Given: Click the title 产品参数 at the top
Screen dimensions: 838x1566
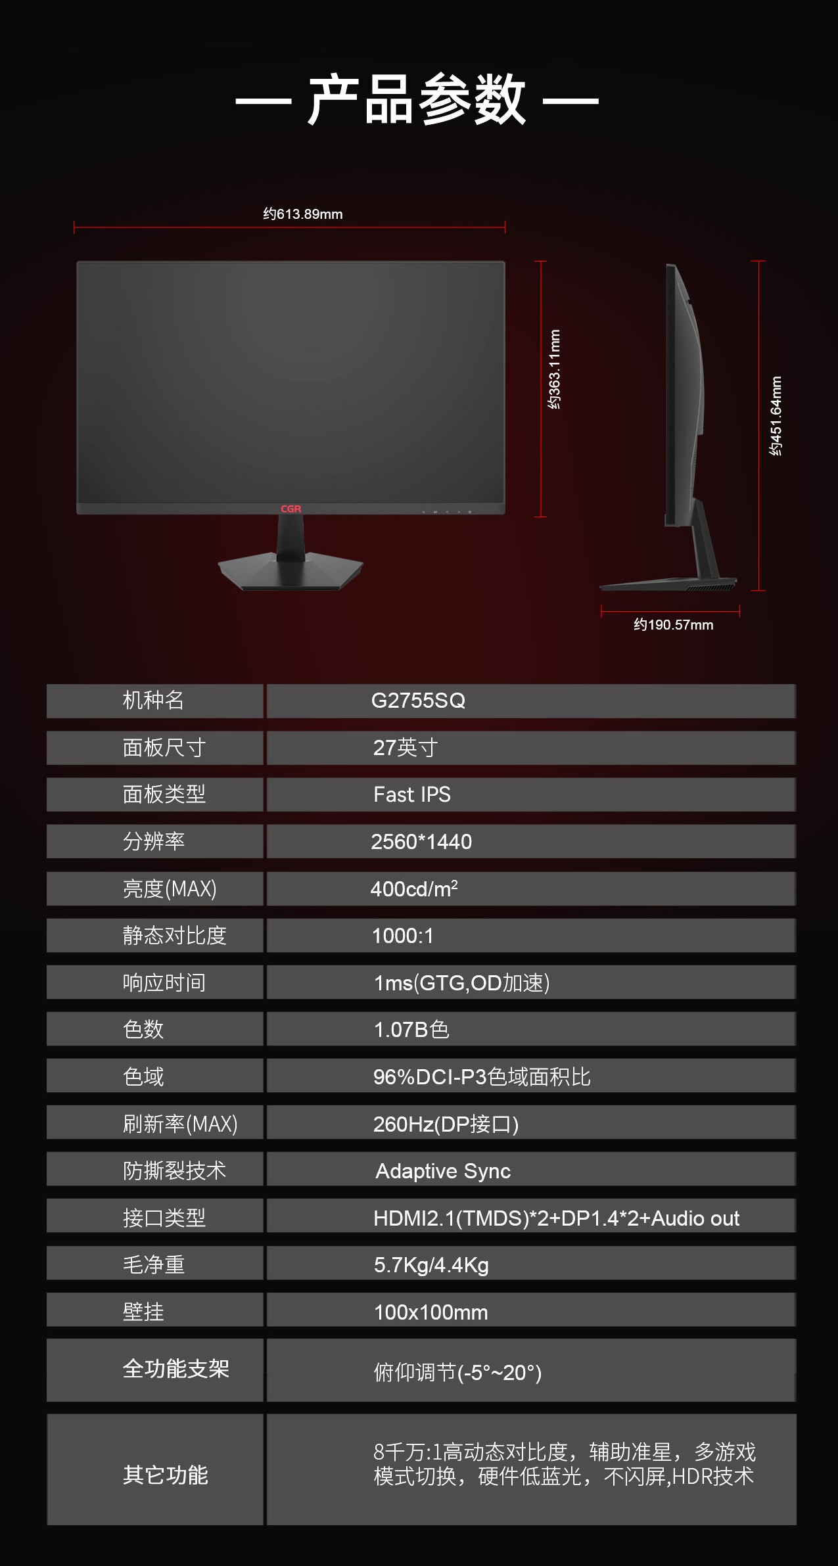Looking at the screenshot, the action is point(417,100).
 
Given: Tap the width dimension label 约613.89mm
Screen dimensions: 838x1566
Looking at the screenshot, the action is point(303,214).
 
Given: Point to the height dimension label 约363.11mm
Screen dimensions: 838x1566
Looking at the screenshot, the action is point(555,369).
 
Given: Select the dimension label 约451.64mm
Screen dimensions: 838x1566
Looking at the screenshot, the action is point(776,416).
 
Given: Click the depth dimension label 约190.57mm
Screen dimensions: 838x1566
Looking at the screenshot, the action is point(674,625).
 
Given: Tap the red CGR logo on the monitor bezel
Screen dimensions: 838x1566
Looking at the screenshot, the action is point(291,509).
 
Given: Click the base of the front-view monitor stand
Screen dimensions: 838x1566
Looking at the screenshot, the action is point(291,572).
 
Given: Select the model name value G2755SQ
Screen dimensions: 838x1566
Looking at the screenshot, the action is point(418,701).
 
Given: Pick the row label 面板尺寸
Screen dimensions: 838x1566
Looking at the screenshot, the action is point(164,748).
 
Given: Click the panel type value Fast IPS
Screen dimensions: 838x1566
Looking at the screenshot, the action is point(412,795).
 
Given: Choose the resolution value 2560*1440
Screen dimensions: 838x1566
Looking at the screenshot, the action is point(421,842).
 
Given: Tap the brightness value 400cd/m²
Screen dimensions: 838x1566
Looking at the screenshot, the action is point(414,888).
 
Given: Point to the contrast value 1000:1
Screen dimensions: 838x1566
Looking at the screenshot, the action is point(403,936).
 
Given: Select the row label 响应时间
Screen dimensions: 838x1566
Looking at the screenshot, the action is point(164,983).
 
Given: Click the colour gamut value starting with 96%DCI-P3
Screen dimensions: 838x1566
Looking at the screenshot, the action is point(482,1077).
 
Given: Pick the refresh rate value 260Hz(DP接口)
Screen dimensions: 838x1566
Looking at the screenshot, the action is point(446,1124).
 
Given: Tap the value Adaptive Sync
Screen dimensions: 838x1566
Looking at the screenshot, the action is point(443,1171).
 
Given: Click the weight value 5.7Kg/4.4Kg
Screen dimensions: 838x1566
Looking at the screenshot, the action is point(431,1265).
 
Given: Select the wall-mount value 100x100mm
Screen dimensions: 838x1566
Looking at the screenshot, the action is point(431,1312).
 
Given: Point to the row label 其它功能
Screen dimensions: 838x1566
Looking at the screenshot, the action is point(166,1475).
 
